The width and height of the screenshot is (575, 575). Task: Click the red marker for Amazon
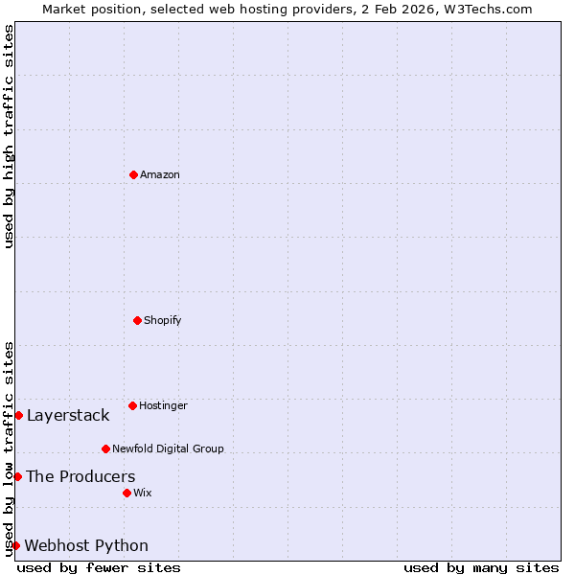pos(133,174)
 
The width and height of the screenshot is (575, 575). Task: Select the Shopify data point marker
pos(137,320)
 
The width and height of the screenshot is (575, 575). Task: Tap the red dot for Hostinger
pos(132,405)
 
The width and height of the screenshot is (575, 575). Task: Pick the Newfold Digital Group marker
pos(105,448)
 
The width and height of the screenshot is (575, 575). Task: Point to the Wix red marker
pos(126,493)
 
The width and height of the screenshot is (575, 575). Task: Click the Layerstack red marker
pos(18,415)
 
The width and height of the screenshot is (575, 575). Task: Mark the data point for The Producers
pos(17,476)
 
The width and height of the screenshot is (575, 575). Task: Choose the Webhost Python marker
pos(15,545)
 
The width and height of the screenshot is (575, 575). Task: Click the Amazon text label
pos(160,174)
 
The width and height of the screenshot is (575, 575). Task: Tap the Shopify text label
pos(163,320)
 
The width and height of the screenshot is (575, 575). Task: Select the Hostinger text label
pos(163,405)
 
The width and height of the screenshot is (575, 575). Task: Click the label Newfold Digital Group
pos(168,448)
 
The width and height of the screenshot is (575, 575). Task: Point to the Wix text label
pos(143,493)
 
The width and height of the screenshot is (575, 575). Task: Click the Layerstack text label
pos(68,415)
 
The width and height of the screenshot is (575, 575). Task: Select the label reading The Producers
pos(80,476)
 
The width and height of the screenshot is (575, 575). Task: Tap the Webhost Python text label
pos(86,545)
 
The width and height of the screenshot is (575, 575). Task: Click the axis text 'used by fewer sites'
pos(99,567)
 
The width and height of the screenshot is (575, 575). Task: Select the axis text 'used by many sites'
pos(481,567)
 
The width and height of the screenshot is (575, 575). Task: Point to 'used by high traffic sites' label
pos(9,136)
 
